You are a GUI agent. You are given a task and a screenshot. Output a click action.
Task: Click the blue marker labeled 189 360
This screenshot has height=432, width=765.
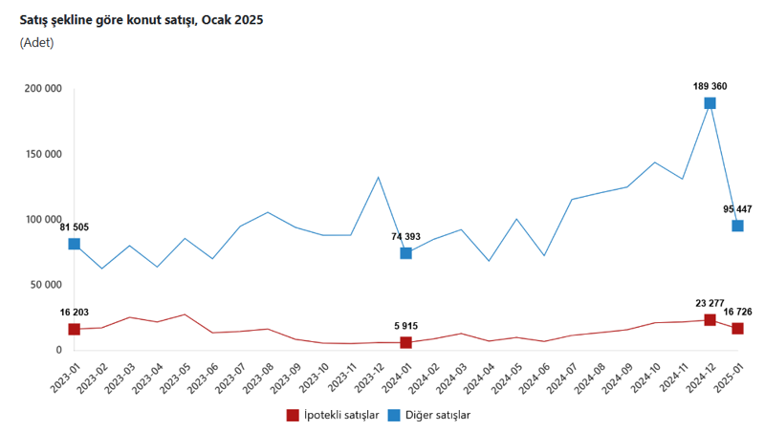pyautogui.click(x=710, y=103)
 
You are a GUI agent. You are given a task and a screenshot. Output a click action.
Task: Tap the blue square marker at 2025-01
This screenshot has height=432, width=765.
pyautogui.click(x=737, y=226)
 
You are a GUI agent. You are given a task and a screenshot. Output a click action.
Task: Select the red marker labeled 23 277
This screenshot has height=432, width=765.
pyautogui.click(x=710, y=319)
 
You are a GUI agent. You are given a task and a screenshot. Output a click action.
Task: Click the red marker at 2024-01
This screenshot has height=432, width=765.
pyautogui.click(x=405, y=342)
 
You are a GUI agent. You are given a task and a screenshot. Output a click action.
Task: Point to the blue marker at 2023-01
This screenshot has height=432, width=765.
pyautogui.click(x=74, y=244)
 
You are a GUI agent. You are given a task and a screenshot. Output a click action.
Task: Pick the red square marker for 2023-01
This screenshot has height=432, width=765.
pyautogui.click(x=74, y=329)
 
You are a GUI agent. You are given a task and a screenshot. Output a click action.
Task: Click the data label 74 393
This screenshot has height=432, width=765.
pyautogui.click(x=405, y=236)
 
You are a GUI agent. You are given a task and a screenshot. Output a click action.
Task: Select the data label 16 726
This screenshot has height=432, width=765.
pyautogui.click(x=737, y=312)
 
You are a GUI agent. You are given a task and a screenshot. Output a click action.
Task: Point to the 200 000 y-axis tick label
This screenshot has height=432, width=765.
pyautogui.click(x=43, y=89)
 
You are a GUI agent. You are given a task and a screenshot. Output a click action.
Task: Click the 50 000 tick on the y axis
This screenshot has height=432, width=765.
pyautogui.click(x=46, y=285)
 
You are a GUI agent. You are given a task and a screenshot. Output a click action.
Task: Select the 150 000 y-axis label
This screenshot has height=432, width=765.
pyautogui.click(x=43, y=154)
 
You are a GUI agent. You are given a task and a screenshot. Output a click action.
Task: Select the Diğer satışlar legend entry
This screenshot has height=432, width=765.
pyautogui.click(x=429, y=415)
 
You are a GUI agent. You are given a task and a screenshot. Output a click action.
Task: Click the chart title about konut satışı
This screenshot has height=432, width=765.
pyautogui.click(x=142, y=19)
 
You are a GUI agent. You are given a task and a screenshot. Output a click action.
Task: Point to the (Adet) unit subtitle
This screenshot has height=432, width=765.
pyautogui.click(x=36, y=42)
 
